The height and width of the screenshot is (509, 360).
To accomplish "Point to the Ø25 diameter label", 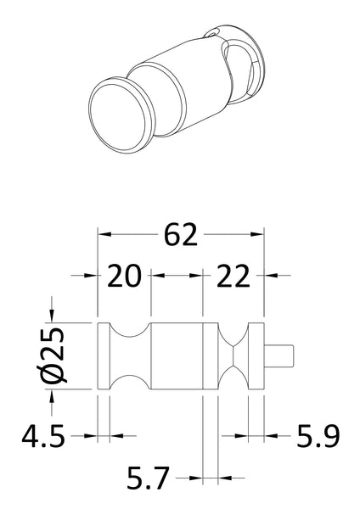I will [53, 356].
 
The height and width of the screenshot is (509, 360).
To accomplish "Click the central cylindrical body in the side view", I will [177, 356].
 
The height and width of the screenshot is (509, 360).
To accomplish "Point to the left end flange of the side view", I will [104, 356].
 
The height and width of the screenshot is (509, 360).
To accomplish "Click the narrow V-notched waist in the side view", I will [233, 356].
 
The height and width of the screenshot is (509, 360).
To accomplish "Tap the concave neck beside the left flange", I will [128, 356].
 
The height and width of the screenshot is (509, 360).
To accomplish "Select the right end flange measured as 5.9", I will [256, 356].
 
